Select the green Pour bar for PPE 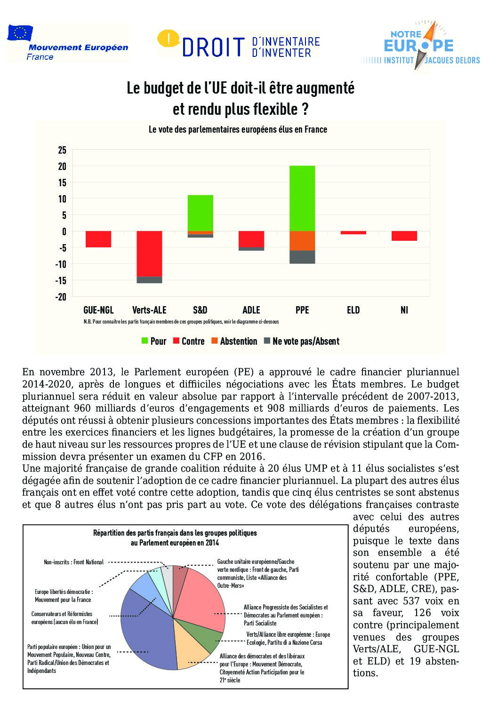302,198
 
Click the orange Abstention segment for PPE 302,241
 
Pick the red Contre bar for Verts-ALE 149,253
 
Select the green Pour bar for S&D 201,213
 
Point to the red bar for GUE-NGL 98,239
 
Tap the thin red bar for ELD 353,232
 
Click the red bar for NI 404,236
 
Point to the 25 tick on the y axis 62,150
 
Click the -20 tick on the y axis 61,297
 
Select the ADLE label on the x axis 251,310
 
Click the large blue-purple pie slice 146,630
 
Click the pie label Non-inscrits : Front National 73,562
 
